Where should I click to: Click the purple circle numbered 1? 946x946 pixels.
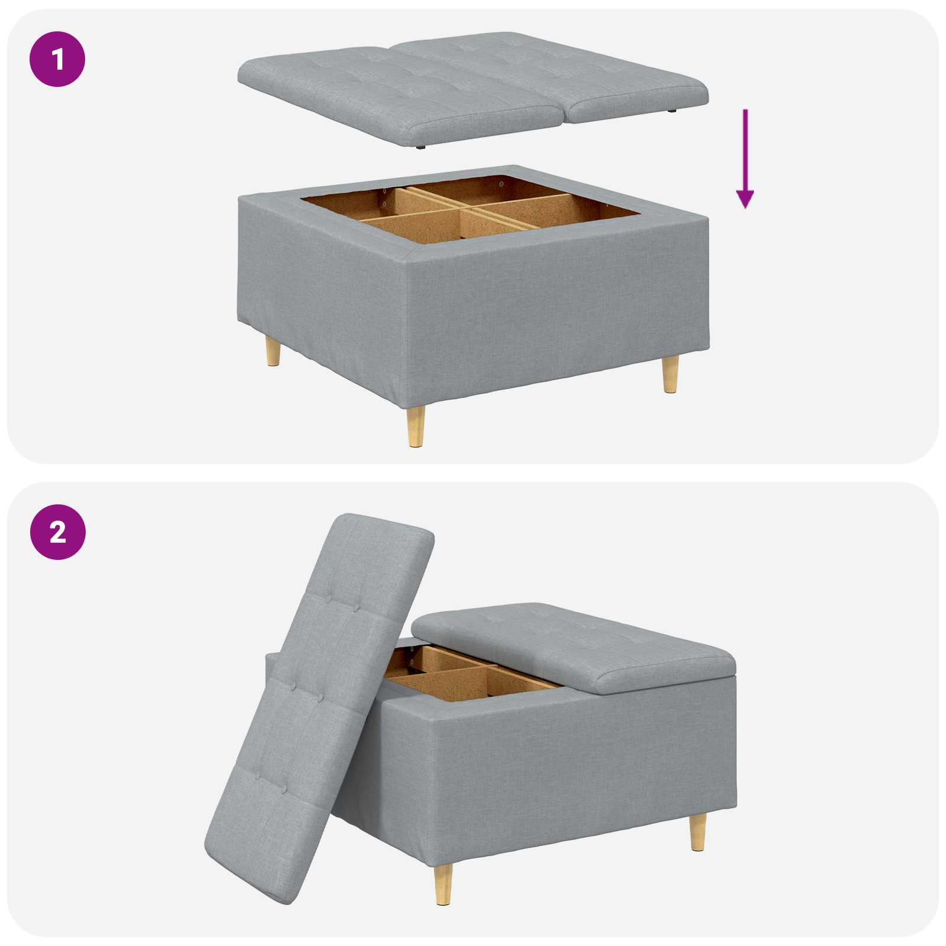tap(57, 59)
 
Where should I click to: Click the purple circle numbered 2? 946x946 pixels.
tap(57, 532)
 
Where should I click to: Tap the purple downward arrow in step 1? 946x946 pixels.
tap(745, 160)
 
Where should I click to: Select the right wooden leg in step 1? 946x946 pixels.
tap(670, 374)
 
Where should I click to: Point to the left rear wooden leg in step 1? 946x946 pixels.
tap(273, 351)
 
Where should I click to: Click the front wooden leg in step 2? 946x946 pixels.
tap(443, 883)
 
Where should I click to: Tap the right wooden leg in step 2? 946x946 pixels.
tap(698, 831)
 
